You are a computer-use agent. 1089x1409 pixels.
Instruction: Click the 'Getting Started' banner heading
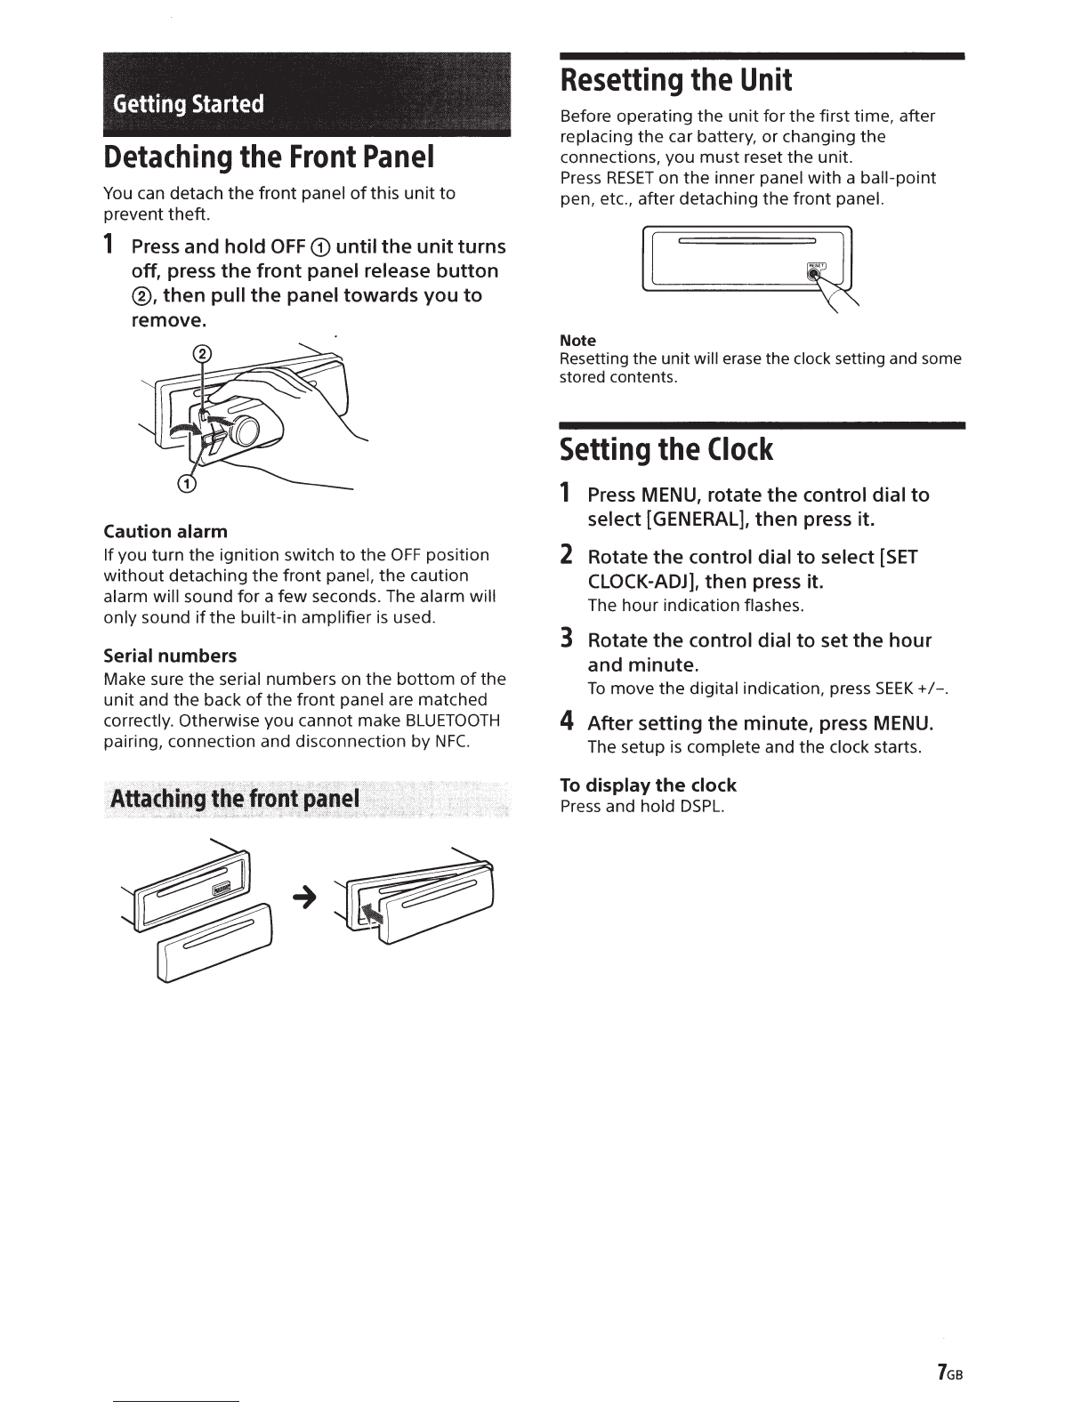pyautogui.click(x=189, y=104)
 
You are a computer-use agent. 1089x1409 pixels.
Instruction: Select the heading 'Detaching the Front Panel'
pyautogui.click(x=269, y=157)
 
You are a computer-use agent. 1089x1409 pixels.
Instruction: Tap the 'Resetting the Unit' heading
pyautogui.click(x=675, y=81)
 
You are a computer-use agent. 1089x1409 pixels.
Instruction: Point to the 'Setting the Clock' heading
pyautogui.click(x=666, y=450)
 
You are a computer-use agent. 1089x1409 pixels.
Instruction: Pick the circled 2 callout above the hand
pyautogui.click(x=203, y=354)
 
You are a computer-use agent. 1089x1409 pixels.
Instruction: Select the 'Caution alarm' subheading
pyautogui.click(x=165, y=531)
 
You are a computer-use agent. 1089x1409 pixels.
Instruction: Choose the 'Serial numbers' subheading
pyautogui.click(x=170, y=656)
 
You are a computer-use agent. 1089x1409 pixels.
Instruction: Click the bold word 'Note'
pyautogui.click(x=577, y=341)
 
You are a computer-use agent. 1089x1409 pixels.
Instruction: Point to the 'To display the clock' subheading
pyautogui.click(x=648, y=785)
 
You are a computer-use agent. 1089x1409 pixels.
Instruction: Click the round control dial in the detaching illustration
pyautogui.click(x=246, y=433)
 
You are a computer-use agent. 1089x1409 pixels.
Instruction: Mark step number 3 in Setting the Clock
pyautogui.click(x=565, y=639)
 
